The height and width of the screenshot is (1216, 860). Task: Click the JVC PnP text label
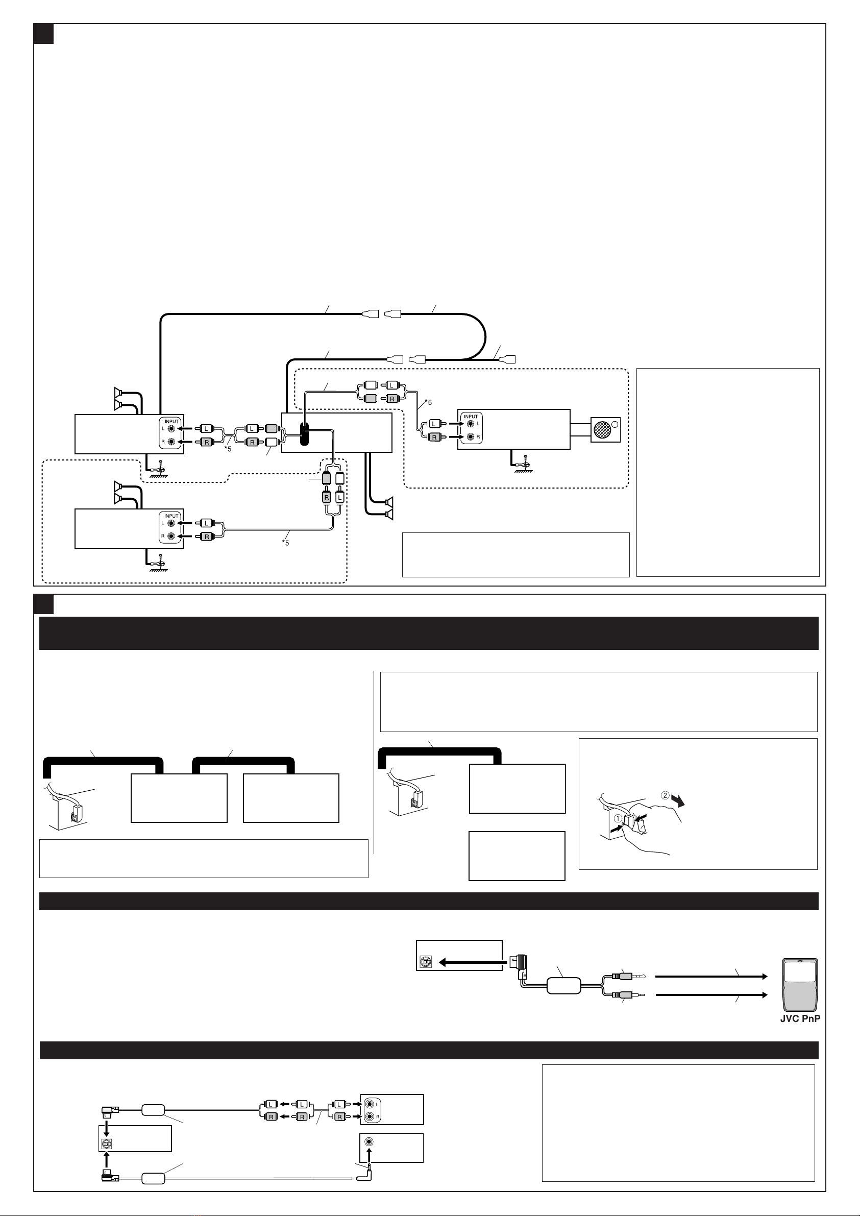pyautogui.click(x=800, y=1019)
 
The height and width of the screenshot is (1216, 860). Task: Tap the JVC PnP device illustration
pyautogui.click(x=800, y=985)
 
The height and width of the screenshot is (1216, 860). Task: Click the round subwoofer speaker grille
pyautogui.click(x=603, y=429)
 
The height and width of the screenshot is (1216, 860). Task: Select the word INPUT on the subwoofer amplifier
pyautogui.click(x=471, y=416)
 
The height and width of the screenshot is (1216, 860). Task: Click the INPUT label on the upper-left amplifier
pyautogui.click(x=171, y=421)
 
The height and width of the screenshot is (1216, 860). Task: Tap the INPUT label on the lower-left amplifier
pyautogui.click(x=171, y=515)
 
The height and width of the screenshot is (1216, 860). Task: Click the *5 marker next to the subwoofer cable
pyautogui.click(x=428, y=402)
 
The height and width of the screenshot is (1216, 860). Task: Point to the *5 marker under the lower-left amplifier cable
pyautogui.click(x=285, y=543)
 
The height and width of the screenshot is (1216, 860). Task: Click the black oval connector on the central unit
pyautogui.click(x=304, y=434)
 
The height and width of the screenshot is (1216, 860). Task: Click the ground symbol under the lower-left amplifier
pyautogui.click(x=159, y=566)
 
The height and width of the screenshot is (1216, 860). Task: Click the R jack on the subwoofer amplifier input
pyautogui.click(x=470, y=437)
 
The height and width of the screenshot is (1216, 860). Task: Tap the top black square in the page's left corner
pyautogui.click(x=43, y=33)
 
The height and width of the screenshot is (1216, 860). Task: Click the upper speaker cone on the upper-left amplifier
pyautogui.click(x=119, y=392)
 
